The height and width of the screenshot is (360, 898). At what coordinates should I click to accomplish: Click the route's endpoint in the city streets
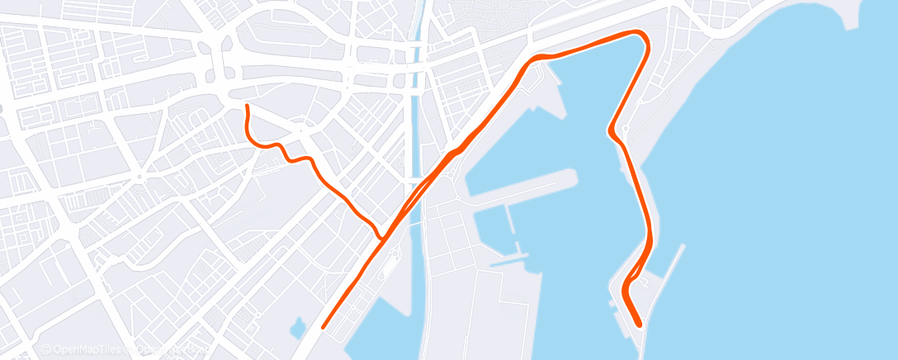pyautogui.click(x=247, y=107)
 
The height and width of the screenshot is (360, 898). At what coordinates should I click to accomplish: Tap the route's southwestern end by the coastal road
pyautogui.click(x=324, y=326)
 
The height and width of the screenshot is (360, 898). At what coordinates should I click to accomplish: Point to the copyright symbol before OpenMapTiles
pyautogui.click(x=46, y=350)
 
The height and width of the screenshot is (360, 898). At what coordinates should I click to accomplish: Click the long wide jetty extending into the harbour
pyautogui.click(x=528, y=182)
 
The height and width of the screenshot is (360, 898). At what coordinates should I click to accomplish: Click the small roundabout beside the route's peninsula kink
pyautogui.click(x=626, y=128)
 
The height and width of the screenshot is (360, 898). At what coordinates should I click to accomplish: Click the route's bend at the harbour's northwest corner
pyautogui.click(x=535, y=58)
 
